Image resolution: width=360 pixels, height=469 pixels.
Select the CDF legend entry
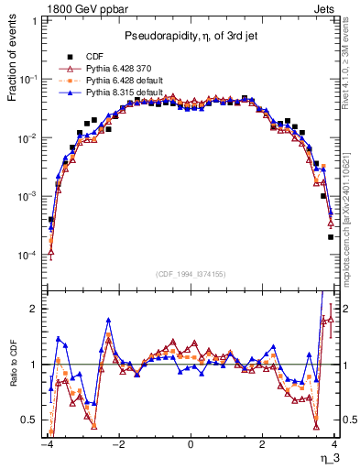95,56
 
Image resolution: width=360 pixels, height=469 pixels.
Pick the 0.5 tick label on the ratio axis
31,420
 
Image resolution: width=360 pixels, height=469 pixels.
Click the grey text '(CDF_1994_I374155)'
191,275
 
